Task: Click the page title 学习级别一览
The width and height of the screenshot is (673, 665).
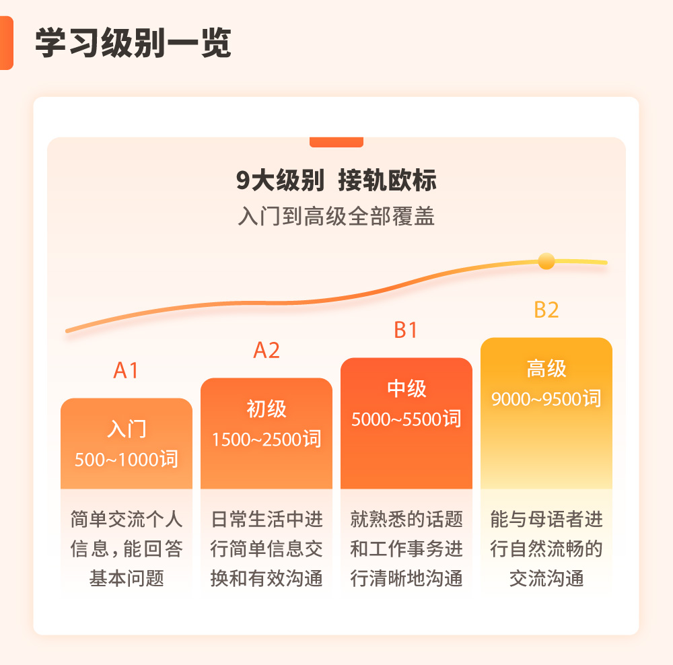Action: [x=133, y=44]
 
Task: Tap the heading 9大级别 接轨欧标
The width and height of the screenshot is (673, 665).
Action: [x=336, y=181]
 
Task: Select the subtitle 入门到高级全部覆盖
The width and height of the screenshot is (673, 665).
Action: [x=336, y=217]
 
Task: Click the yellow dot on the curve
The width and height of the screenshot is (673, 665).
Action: [x=546, y=261]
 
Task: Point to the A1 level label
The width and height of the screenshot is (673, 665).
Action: [x=126, y=370]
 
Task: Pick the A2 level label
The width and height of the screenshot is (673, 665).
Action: [x=267, y=350]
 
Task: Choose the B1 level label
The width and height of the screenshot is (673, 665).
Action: [x=406, y=330]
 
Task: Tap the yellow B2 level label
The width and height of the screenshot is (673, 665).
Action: [x=546, y=310]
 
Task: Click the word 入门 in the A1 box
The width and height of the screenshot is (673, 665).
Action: [x=127, y=429]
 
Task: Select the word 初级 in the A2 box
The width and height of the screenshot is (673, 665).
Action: [x=267, y=409]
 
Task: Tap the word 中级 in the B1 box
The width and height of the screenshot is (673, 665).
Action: [x=406, y=388]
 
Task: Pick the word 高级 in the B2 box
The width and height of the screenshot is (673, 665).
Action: [x=546, y=368]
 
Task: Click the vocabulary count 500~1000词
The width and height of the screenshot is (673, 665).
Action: [x=127, y=460]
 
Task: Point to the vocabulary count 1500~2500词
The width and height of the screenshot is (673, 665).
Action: [x=267, y=440]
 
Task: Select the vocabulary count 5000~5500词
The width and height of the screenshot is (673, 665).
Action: [x=406, y=419]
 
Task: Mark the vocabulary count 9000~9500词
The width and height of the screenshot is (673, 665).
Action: [x=546, y=399]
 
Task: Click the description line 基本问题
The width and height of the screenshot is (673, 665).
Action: [x=127, y=579]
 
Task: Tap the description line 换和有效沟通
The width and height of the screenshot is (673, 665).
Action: [x=267, y=579]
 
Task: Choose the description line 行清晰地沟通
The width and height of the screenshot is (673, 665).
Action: [x=406, y=579]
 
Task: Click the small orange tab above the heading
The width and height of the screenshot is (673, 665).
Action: [x=336, y=142]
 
